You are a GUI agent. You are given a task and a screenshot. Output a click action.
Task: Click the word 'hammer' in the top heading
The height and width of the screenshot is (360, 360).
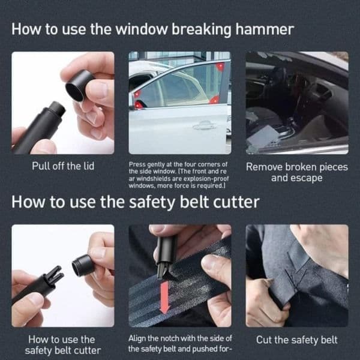[x=265, y=29]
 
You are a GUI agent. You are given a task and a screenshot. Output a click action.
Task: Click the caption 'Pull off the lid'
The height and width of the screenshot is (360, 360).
[x=63, y=166]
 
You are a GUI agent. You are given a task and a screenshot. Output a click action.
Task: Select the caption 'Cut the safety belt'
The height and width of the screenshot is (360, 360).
[x=296, y=340]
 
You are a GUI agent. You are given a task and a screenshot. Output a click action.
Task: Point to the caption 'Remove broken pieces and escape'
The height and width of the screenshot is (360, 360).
[x=297, y=172]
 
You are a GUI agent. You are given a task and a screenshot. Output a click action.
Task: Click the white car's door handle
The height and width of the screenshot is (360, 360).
[x=205, y=125]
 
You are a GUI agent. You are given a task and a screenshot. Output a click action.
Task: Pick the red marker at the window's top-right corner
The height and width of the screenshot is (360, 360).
[x=220, y=67]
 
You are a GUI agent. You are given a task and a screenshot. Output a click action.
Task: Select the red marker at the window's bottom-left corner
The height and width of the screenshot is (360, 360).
[x=139, y=105]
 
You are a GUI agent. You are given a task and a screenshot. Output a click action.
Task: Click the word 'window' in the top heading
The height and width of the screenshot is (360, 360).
[x=142, y=29]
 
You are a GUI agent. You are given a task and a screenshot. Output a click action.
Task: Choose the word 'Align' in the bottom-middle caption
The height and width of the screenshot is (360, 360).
[x=136, y=338]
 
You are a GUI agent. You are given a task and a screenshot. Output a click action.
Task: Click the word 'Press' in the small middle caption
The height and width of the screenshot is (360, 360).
[x=135, y=164]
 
